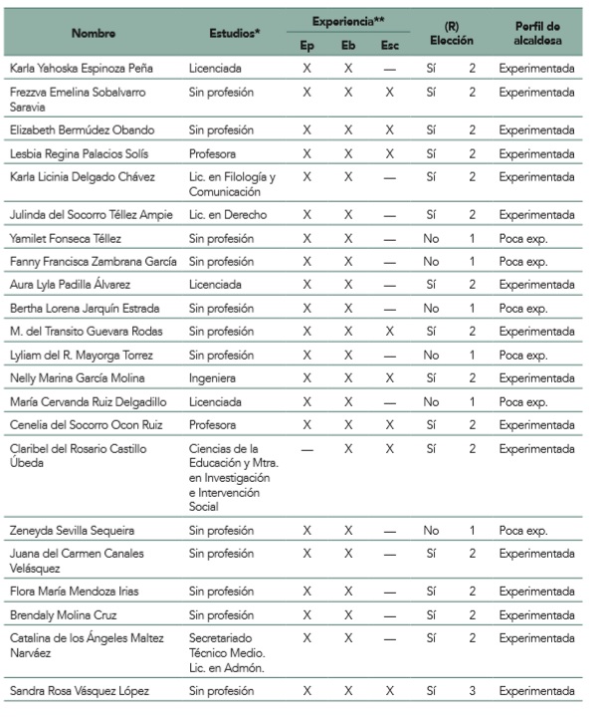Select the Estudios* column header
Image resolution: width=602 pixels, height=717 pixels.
(235, 33)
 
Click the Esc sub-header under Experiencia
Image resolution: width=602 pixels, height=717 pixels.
(389, 45)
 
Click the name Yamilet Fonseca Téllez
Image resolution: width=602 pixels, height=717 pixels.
(67, 238)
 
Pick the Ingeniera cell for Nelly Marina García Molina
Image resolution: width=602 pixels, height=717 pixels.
(213, 378)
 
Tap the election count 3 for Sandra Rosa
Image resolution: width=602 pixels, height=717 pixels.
(473, 690)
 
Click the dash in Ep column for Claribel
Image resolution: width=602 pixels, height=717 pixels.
(306, 449)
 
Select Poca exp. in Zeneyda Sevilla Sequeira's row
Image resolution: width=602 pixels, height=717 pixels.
(523, 531)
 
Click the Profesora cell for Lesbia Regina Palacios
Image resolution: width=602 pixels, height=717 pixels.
(214, 153)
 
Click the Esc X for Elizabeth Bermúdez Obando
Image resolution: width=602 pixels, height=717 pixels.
(389, 130)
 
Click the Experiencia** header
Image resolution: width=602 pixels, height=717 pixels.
(347, 20)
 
